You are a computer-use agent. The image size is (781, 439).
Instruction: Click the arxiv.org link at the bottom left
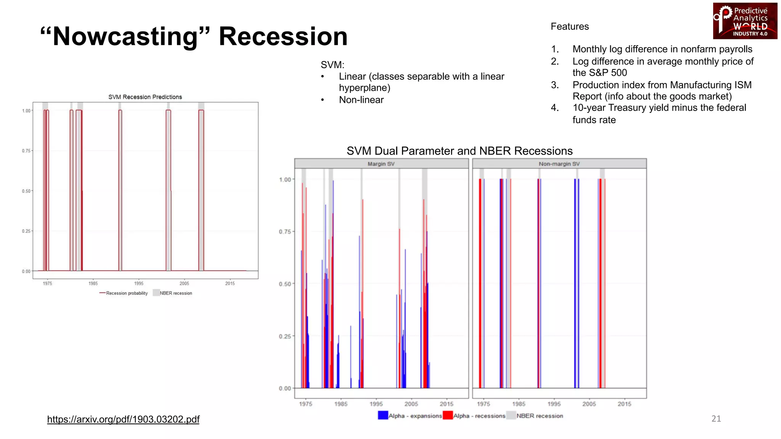(x=123, y=419)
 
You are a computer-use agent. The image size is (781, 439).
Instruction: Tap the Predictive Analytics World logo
(x=745, y=21)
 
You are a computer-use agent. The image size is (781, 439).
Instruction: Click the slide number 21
(x=716, y=418)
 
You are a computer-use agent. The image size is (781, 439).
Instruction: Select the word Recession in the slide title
(x=283, y=37)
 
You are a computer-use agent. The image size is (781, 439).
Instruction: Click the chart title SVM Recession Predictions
(x=145, y=97)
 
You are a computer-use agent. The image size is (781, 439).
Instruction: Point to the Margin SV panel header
(x=381, y=164)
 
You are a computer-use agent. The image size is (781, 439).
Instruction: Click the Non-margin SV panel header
(x=559, y=164)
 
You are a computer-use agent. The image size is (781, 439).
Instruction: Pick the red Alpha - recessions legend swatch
(x=448, y=415)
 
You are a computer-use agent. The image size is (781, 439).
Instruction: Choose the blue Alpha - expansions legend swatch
(x=383, y=415)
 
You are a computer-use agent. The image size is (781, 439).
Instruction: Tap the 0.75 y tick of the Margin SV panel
(x=285, y=232)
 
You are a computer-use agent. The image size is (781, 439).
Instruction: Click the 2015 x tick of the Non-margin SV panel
(x=624, y=404)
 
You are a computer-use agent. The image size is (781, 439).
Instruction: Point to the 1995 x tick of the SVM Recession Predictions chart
(x=139, y=284)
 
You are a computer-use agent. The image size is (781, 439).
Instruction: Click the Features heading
(x=570, y=26)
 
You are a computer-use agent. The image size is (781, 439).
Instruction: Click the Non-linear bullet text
(x=361, y=100)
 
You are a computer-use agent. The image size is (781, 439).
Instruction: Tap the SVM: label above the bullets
(x=332, y=65)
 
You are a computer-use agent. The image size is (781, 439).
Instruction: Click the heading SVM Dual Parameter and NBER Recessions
(x=460, y=151)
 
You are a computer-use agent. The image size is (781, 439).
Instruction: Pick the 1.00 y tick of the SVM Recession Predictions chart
(x=26, y=111)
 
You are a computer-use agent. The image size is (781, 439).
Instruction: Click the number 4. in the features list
(x=555, y=108)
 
